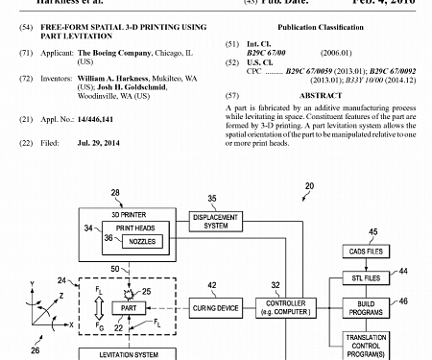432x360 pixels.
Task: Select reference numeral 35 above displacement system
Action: pyautogui.click(x=212, y=199)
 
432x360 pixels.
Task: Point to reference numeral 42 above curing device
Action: pyautogui.click(x=212, y=284)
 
